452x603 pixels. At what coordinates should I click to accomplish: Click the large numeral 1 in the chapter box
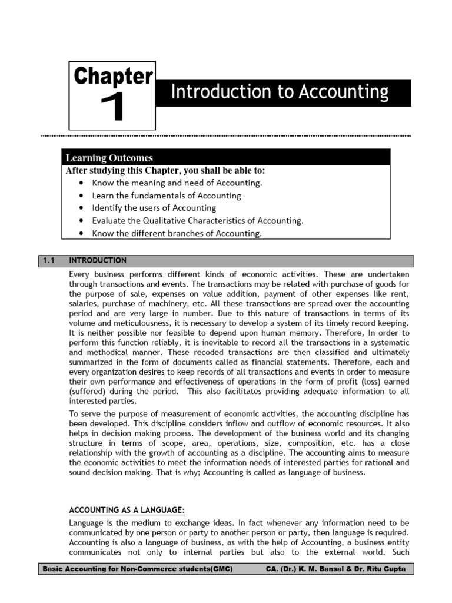click(112, 108)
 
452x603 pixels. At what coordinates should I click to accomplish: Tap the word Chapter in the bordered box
click(112, 77)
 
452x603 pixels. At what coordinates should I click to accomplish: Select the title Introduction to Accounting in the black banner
click(280, 92)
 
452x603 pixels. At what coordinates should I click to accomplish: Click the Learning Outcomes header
click(109, 158)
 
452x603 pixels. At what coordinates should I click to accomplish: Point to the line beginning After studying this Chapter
click(165, 171)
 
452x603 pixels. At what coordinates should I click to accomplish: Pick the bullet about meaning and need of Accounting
click(177, 183)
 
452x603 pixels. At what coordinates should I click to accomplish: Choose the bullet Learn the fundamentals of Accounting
click(167, 196)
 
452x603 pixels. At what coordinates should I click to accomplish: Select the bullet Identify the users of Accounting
click(154, 208)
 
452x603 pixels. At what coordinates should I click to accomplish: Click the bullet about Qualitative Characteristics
click(198, 221)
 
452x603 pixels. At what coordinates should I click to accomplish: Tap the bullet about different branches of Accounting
click(177, 233)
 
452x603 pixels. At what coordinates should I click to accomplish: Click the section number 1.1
click(49, 260)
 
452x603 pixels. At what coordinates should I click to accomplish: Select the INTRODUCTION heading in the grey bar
click(98, 260)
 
